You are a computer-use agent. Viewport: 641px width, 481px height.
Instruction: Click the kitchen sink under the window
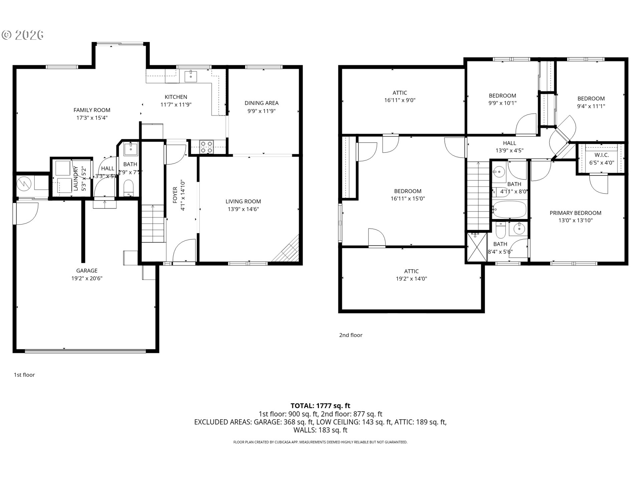(x=191, y=76)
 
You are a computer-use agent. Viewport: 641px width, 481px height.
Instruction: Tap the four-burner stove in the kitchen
(x=206, y=147)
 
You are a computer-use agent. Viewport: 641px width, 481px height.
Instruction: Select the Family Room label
(x=92, y=110)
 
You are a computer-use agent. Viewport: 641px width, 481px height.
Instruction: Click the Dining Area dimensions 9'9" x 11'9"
(x=261, y=111)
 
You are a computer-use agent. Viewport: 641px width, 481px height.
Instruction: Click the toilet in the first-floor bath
(x=128, y=188)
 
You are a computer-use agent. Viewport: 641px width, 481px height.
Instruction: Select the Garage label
(x=86, y=271)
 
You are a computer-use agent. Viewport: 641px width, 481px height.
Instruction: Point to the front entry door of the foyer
(x=184, y=252)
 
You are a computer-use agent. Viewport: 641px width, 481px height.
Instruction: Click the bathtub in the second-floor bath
(x=509, y=209)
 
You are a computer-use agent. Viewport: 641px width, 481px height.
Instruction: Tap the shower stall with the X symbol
(x=477, y=247)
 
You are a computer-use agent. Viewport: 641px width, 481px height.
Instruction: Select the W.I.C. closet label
(x=602, y=155)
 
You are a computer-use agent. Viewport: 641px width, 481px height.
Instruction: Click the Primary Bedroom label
(x=575, y=213)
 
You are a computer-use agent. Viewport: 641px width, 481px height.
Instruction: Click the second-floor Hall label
(x=509, y=143)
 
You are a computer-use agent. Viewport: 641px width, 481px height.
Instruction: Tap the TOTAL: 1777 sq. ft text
(x=320, y=406)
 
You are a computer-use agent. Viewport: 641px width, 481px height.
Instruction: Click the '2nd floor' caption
(x=351, y=335)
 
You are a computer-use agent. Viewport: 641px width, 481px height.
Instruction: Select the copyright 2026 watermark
(x=23, y=35)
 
